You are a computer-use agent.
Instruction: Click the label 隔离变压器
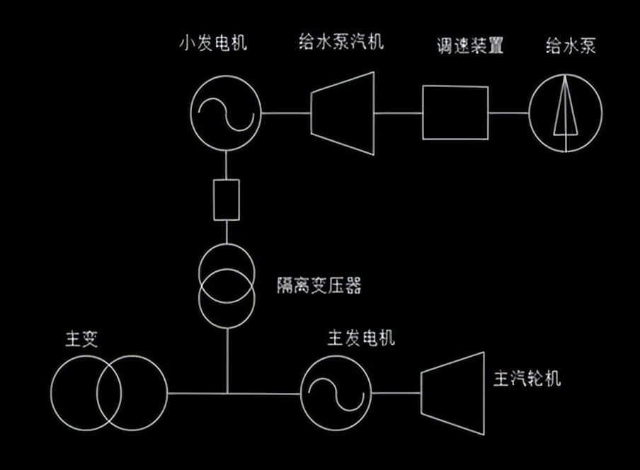point(319,286)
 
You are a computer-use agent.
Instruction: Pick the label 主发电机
point(361,338)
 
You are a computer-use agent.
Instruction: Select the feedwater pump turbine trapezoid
point(343,113)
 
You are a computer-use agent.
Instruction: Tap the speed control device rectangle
point(455,113)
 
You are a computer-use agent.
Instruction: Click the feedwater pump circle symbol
point(566,113)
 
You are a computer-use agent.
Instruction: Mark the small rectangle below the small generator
point(226,200)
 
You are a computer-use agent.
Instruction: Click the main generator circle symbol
point(336,392)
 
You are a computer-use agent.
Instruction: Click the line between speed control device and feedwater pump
point(508,113)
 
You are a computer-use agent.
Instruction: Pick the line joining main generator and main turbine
point(396,392)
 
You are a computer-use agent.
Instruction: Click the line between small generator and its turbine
point(287,112)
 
